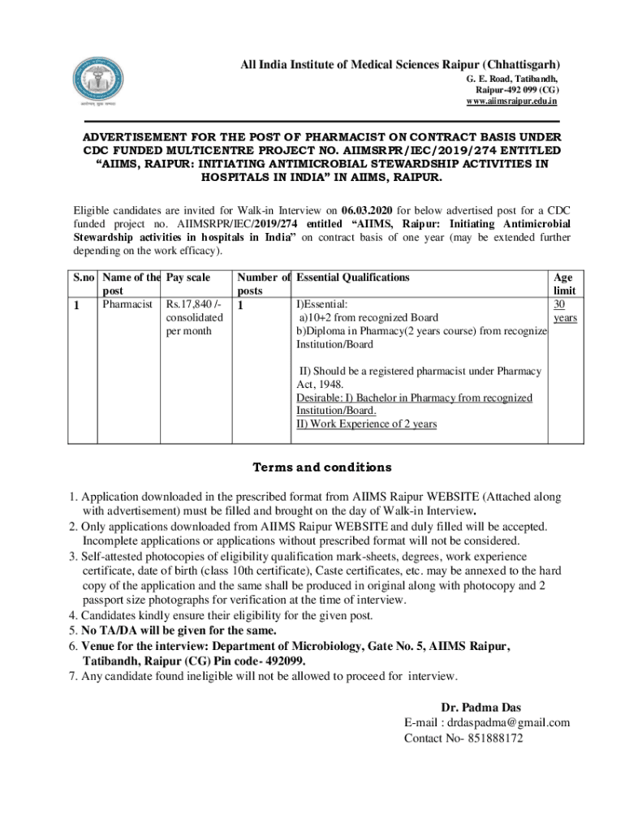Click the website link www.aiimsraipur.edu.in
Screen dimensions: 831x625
tap(511, 101)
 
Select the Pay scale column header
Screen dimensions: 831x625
tap(187, 278)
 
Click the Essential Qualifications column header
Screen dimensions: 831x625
tap(353, 278)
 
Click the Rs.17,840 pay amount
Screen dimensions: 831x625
tap(192, 304)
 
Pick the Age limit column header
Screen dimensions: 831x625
tap(563, 284)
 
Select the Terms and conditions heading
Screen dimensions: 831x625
tap(311, 467)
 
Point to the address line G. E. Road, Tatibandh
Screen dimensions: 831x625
tap(511, 79)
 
